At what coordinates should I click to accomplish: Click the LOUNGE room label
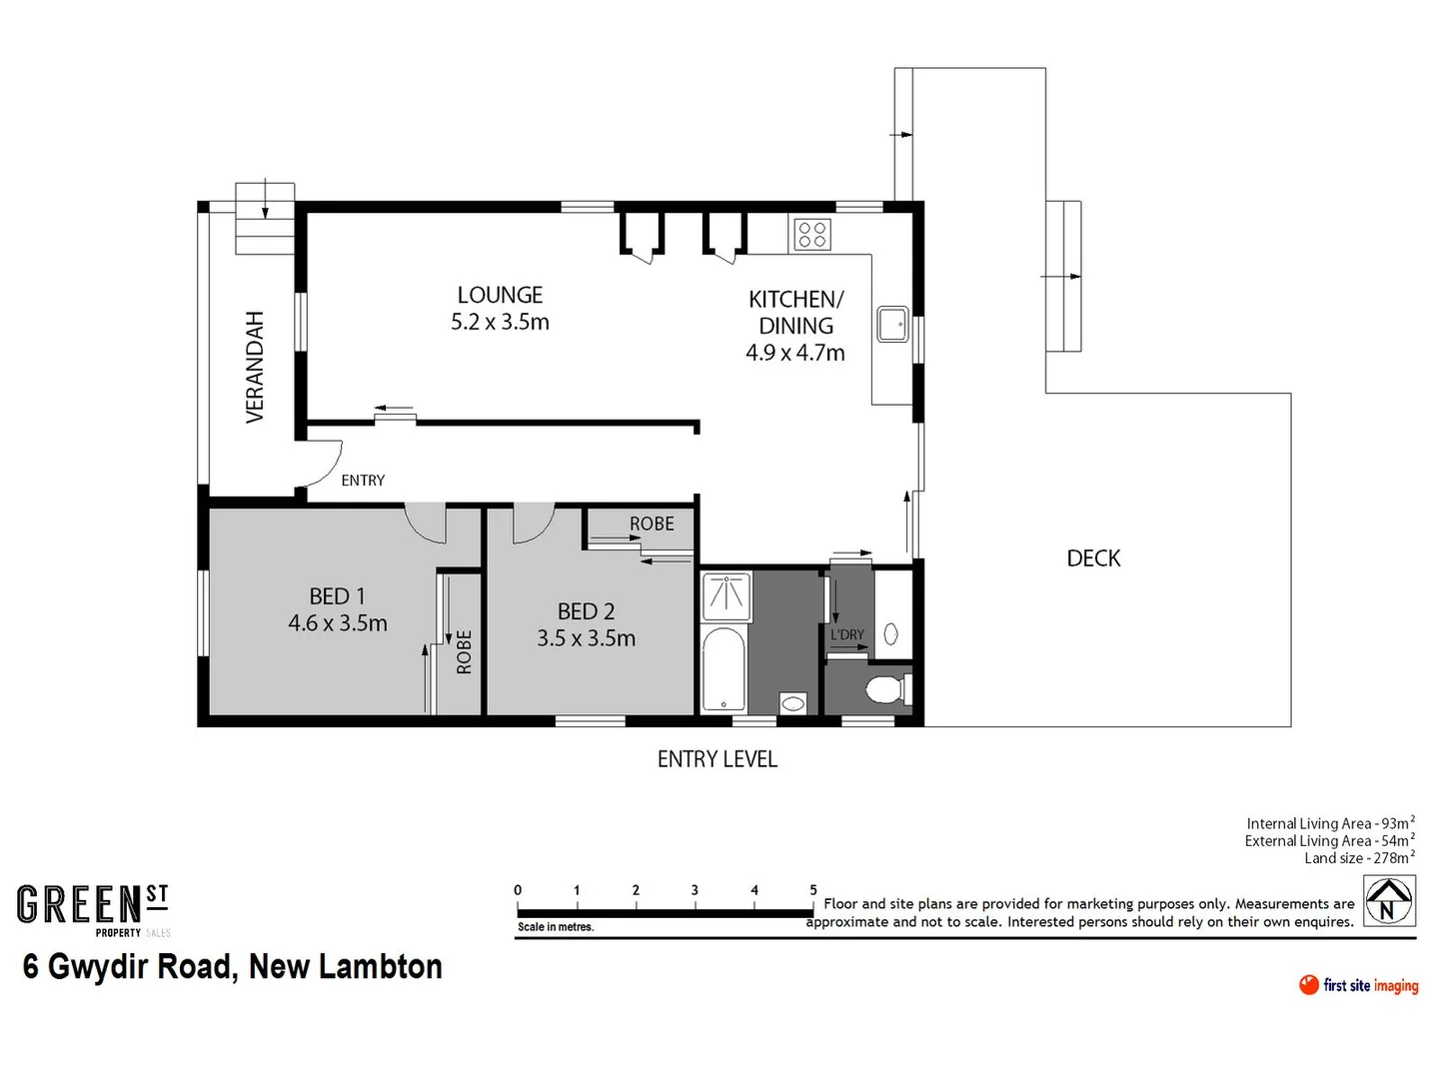point(500,295)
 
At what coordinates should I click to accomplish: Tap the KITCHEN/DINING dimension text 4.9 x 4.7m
point(795,353)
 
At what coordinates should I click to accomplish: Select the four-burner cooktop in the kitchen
point(812,235)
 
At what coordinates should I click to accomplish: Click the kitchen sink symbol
point(891,324)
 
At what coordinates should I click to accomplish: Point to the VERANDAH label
point(256,367)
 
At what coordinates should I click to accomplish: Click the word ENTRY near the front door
point(363,481)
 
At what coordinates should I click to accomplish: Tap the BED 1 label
point(337,596)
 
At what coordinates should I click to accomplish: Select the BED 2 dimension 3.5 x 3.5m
point(586,638)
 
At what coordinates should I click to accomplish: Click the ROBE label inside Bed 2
point(652,524)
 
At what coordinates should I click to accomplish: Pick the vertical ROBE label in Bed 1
point(464,651)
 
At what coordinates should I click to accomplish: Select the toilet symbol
point(885,689)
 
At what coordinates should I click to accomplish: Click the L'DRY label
point(847,634)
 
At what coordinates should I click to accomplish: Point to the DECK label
point(1093,558)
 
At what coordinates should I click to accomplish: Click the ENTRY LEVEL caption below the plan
point(717,759)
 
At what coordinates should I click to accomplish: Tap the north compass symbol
point(1388,900)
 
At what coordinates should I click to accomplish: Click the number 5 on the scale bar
point(812,890)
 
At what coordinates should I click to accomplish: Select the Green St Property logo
point(93,909)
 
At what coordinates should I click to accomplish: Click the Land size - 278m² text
point(1358,858)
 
